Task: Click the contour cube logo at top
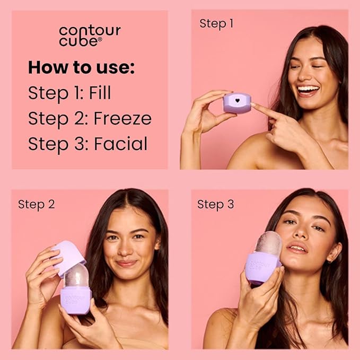tap(90, 36)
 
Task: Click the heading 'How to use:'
tap(82, 67)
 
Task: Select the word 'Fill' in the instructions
tap(101, 93)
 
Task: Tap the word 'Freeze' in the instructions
tap(122, 118)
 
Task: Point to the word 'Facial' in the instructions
tap(121, 144)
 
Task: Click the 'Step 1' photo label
tap(216, 23)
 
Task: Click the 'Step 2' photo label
tap(36, 204)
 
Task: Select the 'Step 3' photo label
tap(215, 204)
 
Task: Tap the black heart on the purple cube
tap(236, 99)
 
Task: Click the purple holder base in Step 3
tap(264, 265)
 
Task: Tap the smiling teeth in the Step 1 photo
tap(309, 89)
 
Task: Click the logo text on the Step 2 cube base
tap(74, 298)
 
